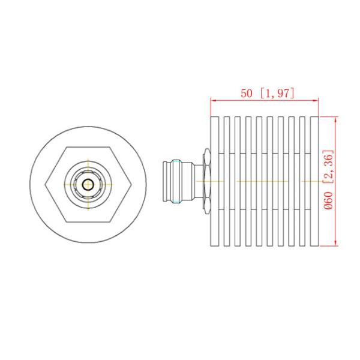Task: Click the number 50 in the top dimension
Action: (x=247, y=94)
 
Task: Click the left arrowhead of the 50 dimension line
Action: (x=212, y=101)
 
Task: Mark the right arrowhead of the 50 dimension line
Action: (x=317, y=101)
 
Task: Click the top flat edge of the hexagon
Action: (x=89, y=147)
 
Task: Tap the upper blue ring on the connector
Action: (x=177, y=162)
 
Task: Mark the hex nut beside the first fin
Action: (x=205, y=181)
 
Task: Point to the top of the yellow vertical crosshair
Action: (x=89, y=160)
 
